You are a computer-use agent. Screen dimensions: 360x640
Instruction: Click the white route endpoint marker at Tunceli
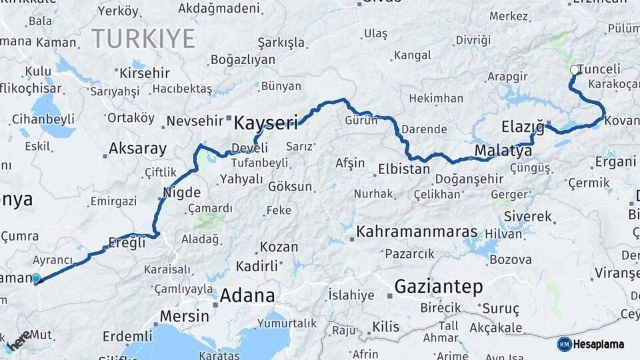[x=574, y=69]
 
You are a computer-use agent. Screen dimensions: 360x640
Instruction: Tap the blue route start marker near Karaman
[x=36, y=279]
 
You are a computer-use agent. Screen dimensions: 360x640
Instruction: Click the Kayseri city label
[x=265, y=123]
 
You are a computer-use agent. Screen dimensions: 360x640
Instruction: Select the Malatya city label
[x=503, y=151]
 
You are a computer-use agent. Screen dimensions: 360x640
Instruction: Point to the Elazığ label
[x=522, y=127]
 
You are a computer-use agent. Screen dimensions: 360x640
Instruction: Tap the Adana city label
[x=247, y=295]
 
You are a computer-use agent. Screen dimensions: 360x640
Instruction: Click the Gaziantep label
[x=438, y=287]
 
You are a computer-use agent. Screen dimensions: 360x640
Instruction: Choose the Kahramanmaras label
[x=417, y=232]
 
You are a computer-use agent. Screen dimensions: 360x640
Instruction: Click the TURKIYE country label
[x=143, y=38]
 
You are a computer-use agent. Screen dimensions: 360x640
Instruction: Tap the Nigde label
[x=181, y=193]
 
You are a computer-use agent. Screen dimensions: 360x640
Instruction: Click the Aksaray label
[x=137, y=148]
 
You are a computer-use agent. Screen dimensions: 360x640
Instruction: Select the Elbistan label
[x=403, y=169]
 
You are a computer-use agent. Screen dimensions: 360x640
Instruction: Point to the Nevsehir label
[x=198, y=121]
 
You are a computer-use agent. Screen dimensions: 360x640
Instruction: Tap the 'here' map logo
[x=18, y=339]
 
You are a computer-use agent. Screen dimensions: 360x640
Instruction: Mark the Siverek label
[x=528, y=217]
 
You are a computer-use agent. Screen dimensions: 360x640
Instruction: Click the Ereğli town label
[x=126, y=243]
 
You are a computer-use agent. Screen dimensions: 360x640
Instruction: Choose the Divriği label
[x=473, y=40]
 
